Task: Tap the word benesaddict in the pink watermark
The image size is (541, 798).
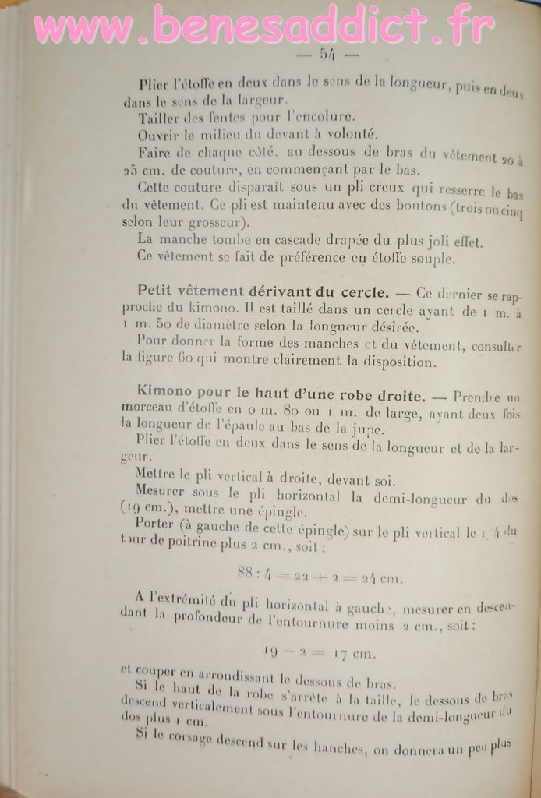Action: [299, 26]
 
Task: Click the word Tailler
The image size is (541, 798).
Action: [160, 118]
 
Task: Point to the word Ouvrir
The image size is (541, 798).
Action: [158, 134]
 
